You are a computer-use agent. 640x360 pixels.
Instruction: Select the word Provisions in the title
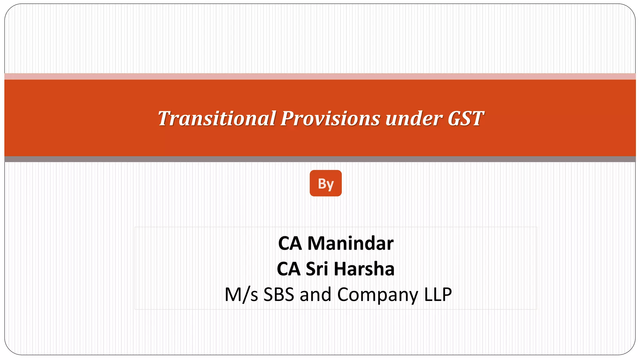coord(330,118)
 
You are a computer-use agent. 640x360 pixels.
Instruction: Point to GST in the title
coord(466,118)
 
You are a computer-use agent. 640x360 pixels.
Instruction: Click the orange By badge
coord(326,183)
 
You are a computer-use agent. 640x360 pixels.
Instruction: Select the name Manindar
coord(350,243)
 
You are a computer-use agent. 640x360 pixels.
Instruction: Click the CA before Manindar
coord(290,243)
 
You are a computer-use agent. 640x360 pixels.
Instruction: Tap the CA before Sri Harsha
coord(289,269)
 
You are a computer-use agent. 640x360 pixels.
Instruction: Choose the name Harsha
coord(364,269)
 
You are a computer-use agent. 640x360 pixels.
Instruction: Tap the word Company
coord(377,295)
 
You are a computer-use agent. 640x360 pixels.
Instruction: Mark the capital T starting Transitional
coord(165,118)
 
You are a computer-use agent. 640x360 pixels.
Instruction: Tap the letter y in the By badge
coord(330,185)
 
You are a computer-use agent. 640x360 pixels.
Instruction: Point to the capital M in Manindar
coord(316,243)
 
